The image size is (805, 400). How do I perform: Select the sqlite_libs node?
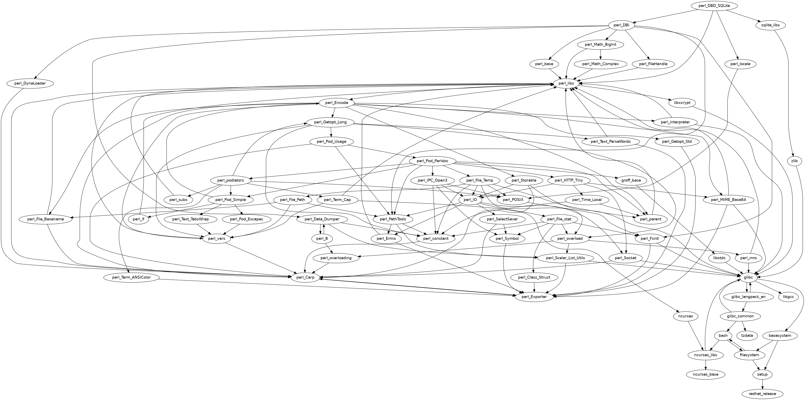point(770,25)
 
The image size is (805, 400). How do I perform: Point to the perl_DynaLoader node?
point(30,83)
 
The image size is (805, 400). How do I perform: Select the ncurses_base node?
point(706,374)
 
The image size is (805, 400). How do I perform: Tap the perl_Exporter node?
point(534,297)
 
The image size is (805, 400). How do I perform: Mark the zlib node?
point(794,161)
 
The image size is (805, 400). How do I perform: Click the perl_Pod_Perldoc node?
point(432,161)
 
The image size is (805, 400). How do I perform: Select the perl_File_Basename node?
point(46,219)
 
